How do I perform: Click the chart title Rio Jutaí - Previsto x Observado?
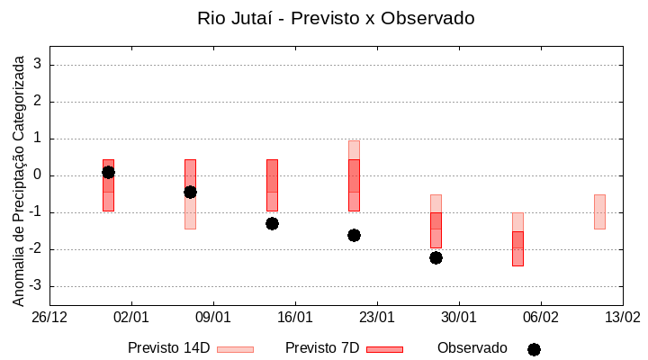pos(336,18)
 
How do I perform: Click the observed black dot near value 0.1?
pos(108,172)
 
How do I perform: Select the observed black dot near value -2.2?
pos(436,257)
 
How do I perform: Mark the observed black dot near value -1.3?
pos(272,223)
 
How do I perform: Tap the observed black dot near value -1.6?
pos(354,235)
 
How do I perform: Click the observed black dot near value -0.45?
pos(190,192)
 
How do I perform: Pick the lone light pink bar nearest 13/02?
pos(599,211)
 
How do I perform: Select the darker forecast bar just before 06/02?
pos(517,248)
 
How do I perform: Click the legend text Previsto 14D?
pos(168,347)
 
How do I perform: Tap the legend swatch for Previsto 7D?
pos(384,348)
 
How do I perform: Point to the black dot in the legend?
pos(534,349)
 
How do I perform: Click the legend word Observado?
pos(472,347)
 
